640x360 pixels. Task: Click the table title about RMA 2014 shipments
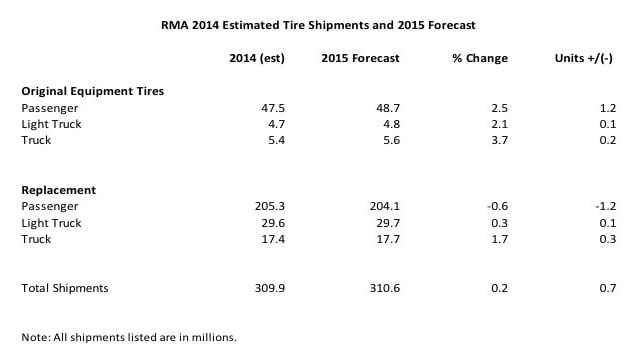[318, 25]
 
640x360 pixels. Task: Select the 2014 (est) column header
[257, 58]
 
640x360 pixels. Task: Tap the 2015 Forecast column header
[360, 58]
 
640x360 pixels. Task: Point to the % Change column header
[480, 58]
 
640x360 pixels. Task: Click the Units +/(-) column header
[583, 58]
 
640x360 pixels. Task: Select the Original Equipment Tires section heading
[93, 91]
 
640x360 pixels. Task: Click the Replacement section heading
[59, 190]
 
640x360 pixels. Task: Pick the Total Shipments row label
[65, 288]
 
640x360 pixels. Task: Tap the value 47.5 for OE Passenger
[273, 108]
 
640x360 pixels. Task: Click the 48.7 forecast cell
[388, 108]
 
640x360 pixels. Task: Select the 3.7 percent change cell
[500, 140]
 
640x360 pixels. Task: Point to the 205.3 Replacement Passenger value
[270, 206]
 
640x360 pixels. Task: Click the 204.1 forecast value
[384, 206]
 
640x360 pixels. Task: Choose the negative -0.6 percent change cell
[498, 206]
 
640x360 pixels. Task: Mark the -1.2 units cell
[606, 206]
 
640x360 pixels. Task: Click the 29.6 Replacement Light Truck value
[273, 223]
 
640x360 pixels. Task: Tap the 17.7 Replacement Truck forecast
[388, 239]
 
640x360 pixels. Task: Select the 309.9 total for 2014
[270, 288]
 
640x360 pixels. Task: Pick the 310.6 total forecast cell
[384, 288]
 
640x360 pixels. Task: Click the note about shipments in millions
[129, 338]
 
